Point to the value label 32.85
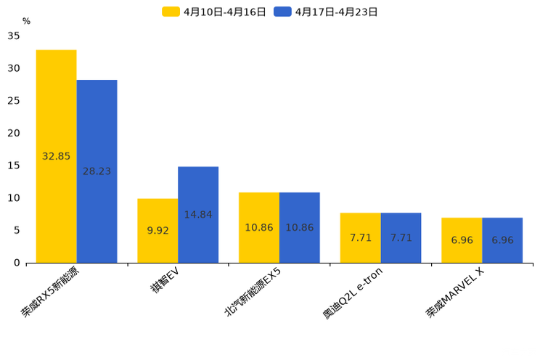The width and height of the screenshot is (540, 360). tap(56, 156)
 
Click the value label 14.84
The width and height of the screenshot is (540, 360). tap(198, 215)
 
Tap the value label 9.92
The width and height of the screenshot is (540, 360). tap(157, 231)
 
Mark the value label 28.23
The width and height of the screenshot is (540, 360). tap(97, 171)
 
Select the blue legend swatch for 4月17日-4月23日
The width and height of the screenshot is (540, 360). tap(282, 12)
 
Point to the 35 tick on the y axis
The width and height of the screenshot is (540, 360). tap(14, 36)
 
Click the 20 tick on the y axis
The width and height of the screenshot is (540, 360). tap(14, 133)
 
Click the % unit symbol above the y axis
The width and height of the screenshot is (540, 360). tap(26, 22)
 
